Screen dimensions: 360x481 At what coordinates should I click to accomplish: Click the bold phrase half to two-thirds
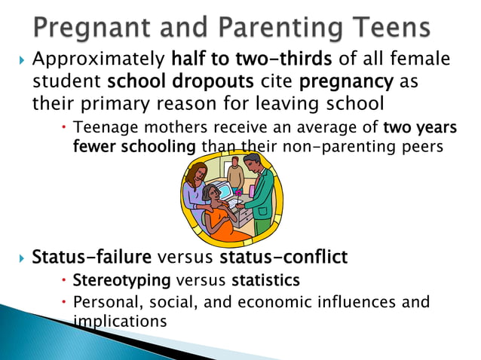(246, 58)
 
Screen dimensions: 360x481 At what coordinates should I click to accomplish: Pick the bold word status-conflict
(283, 258)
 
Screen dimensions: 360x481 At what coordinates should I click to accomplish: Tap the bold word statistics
(265, 281)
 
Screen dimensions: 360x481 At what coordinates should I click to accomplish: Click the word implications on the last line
(119, 321)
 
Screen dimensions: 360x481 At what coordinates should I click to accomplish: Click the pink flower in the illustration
(239, 194)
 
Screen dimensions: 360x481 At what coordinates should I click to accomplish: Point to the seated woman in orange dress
(219, 218)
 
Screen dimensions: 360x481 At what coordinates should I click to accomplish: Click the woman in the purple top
(198, 188)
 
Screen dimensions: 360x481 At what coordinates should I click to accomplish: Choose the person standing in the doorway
(235, 172)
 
